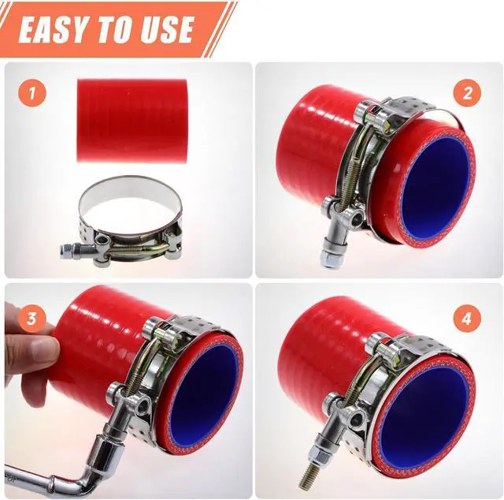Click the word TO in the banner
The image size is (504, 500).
tap(112, 29)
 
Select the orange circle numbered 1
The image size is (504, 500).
tap(32, 93)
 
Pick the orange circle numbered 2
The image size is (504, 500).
tap(467, 94)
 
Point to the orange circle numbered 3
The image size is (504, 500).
tap(31, 319)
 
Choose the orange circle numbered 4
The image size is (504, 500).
tap(467, 319)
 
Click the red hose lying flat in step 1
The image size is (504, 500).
tap(132, 121)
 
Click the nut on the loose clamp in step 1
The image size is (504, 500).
tap(66, 251)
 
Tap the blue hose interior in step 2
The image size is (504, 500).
tap(435, 192)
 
